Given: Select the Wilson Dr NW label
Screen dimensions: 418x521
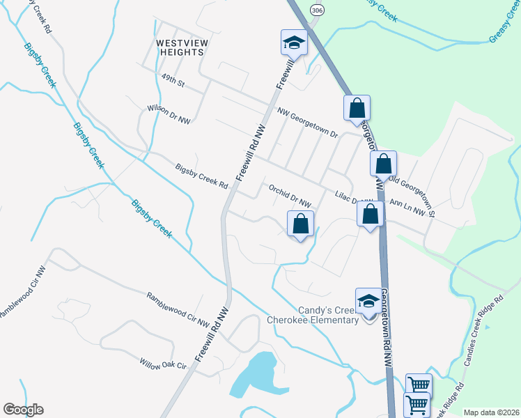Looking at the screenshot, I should [169, 115].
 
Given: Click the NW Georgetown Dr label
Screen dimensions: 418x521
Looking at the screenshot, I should [307, 123].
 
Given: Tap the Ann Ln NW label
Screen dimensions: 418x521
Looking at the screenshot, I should [407, 208].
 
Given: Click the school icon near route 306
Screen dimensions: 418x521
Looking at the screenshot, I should [294, 45].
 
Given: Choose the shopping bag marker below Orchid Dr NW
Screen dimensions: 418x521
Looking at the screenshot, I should [301, 224].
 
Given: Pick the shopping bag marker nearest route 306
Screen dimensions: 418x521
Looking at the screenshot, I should [357, 109].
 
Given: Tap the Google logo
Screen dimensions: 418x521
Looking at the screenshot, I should [23, 410].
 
